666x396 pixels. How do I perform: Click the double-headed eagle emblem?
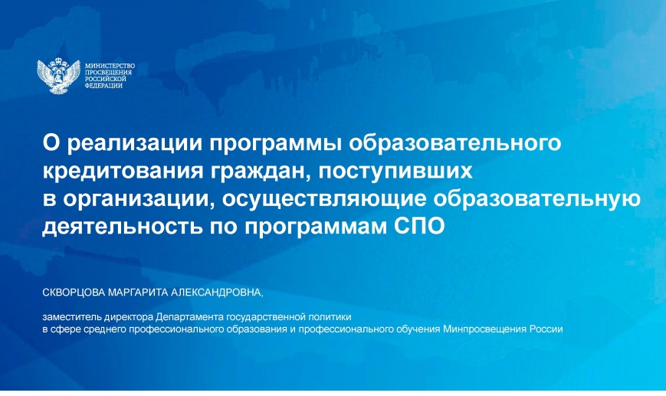tap(58, 77)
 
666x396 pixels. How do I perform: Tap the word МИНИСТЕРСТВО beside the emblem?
tap(110, 66)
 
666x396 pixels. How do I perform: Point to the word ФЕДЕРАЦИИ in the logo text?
tap(103, 86)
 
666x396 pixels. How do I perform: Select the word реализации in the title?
tap(135, 143)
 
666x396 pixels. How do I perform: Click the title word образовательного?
tap(455, 143)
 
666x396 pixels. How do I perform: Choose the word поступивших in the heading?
tap(395, 172)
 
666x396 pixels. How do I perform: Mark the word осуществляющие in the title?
tap(323, 199)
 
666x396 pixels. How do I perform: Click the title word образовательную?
tap(537, 199)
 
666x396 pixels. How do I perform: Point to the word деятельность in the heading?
tap(123, 226)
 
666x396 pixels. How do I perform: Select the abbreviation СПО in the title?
tap(419, 226)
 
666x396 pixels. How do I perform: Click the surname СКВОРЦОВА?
tap(74, 293)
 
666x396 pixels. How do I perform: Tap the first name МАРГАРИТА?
tap(139, 293)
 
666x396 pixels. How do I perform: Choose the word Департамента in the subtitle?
tap(190, 317)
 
